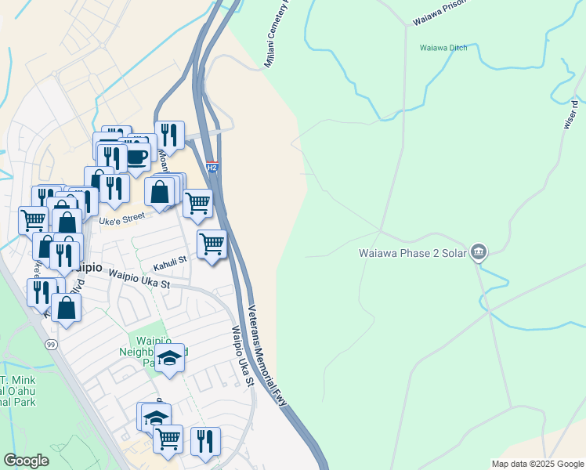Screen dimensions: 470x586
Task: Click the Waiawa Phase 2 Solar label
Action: pos(412,253)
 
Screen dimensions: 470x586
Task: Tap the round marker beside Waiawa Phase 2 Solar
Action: pos(478,252)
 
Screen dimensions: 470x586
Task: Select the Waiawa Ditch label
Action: pos(443,48)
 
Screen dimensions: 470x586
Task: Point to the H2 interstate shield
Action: pos(212,167)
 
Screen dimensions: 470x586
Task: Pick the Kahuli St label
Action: pos(170,259)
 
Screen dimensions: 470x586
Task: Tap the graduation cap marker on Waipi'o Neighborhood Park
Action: pos(168,359)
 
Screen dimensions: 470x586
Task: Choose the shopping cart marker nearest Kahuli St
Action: pos(212,245)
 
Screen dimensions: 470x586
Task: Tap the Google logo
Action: pos(26,461)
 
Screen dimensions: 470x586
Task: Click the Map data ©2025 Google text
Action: pos(537,464)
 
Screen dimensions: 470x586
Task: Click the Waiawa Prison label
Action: pos(439,11)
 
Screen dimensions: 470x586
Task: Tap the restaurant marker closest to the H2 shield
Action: pos(170,136)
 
